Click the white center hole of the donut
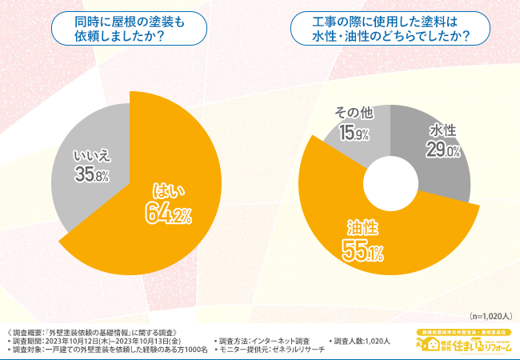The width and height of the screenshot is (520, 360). pyautogui.click(x=390, y=181)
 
